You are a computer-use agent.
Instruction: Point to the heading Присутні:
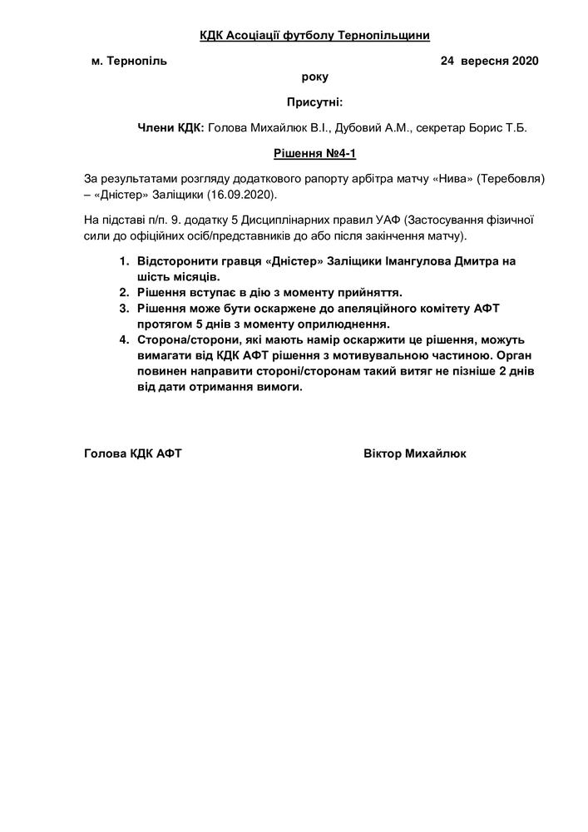coord(314,102)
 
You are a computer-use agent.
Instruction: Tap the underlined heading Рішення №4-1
coord(314,154)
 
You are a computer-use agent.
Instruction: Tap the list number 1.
coord(123,261)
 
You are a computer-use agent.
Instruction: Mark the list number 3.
coord(123,309)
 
